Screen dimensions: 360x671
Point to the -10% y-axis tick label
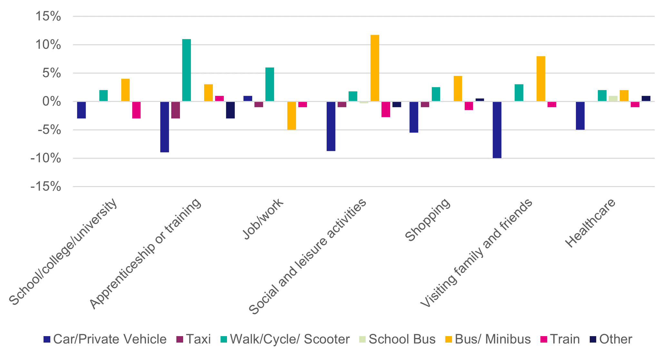pos(46,158)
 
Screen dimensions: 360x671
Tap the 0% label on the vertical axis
pos(52,102)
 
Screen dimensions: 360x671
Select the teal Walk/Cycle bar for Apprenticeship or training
pos(186,70)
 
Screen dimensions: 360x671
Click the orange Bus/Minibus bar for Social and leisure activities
pos(375,68)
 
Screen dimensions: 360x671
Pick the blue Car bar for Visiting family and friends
pos(497,130)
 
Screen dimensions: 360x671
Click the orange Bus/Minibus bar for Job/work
pos(291,115)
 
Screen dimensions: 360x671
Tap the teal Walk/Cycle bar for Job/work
pos(270,85)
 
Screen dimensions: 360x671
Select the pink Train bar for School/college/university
pos(136,110)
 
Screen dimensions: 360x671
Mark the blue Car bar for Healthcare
pos(580,115)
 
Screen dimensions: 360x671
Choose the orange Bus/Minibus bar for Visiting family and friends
pos(541,79)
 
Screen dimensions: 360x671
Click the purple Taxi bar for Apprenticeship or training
pos(175,110)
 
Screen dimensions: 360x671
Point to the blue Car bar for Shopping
pos(414,117)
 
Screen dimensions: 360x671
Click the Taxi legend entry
pos(194,339)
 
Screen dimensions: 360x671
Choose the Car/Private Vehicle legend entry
pos(105,339)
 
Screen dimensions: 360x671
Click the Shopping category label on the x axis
pos(428,219)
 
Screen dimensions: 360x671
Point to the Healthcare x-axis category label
pos(591,223)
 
